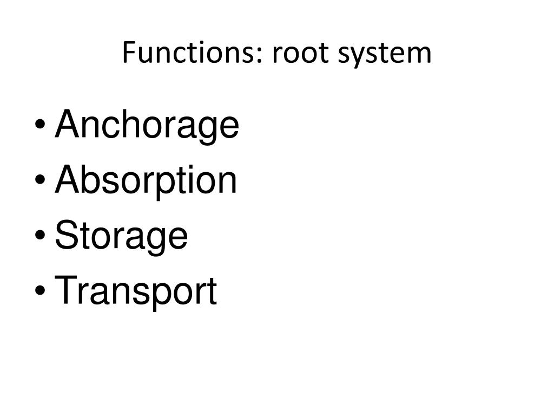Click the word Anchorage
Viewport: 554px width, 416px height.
click(147, 126)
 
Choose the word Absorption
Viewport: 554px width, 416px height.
click(146, 181)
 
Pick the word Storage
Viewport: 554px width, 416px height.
click(121, 237)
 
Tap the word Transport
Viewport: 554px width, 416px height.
click(136, 292)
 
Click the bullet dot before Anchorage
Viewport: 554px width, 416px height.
click(40, 124)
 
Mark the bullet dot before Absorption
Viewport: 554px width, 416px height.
click(40, 179)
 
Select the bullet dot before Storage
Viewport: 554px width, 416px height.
click(40, 235)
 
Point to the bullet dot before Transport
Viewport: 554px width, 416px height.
click(40, 290)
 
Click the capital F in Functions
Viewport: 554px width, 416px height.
click(129, 53)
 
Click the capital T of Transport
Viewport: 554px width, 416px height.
click(67, 290)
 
